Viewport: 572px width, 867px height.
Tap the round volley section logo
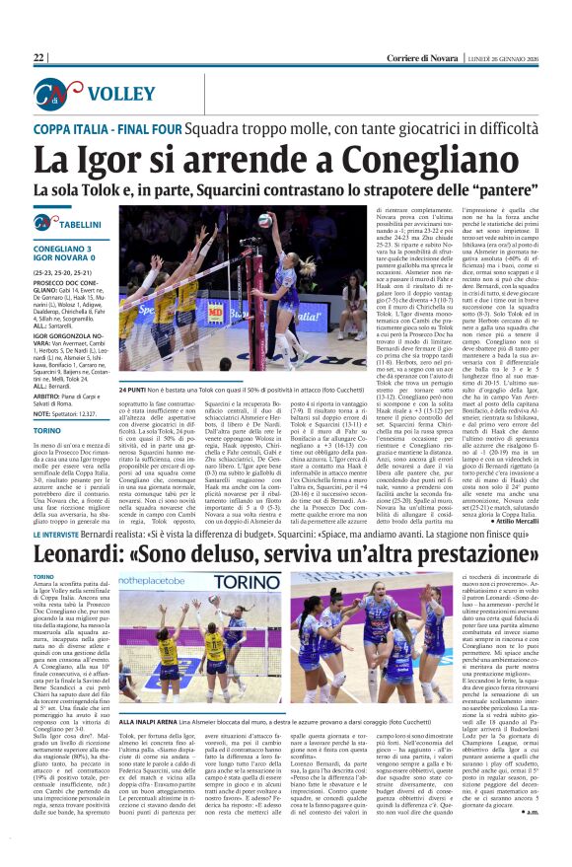[x=47, y=95]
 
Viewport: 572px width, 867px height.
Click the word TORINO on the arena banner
[x=247, y=581]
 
